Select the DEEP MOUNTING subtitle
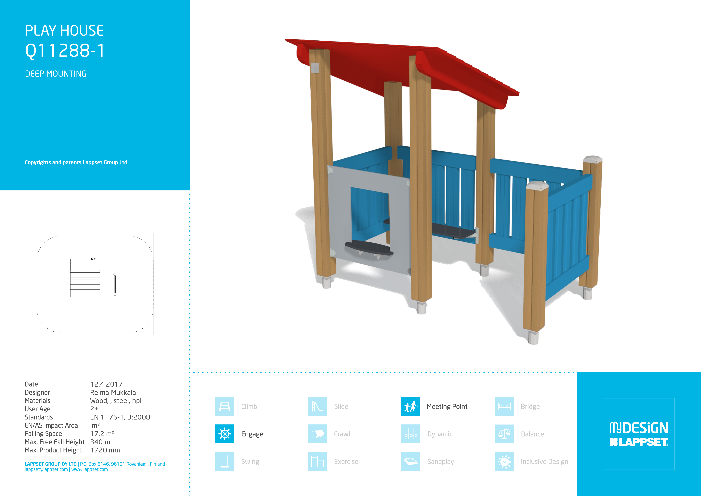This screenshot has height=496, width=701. (56, 74)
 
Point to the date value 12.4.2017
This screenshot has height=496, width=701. (106, 384)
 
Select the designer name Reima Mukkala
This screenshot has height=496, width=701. (113, 393)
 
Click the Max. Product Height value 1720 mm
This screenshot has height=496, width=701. (105, 450)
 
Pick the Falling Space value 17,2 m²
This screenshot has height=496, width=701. (102, 434)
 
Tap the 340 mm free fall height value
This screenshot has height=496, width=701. (103, 442)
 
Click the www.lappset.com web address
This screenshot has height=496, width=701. (89, 469)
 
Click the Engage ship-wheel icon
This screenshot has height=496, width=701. (225, 434)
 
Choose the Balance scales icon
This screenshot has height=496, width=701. (504, 434)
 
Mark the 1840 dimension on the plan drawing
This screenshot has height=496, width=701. (93, 259)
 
